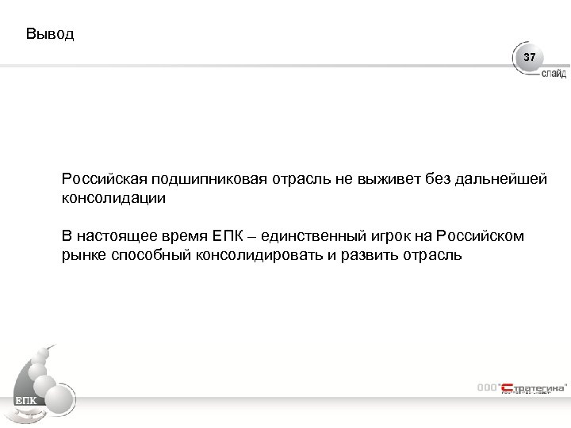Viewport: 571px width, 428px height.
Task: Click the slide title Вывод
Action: click(x=49, y=34)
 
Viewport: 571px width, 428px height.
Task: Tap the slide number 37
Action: click(x=529, y=59)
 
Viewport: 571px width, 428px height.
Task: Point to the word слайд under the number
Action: click(x=554, y=74)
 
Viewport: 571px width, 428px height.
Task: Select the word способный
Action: click(x=148, y=255)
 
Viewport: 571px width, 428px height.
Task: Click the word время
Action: click(x=186, y=236)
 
